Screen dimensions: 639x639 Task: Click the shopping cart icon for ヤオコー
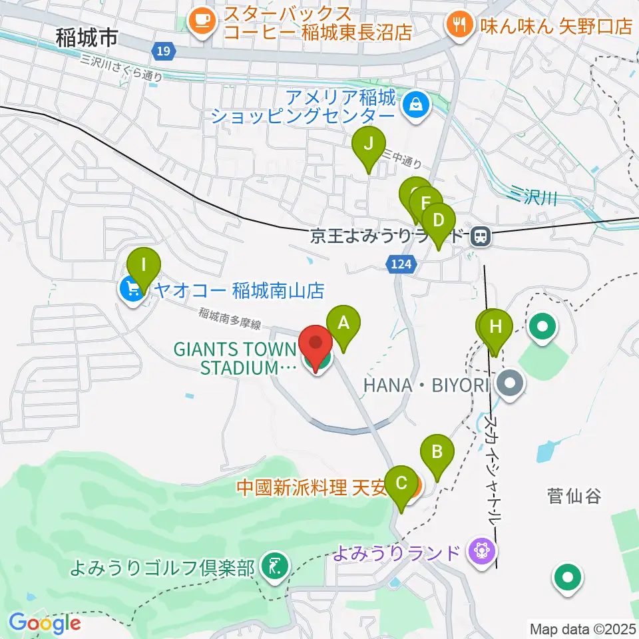[132, 288]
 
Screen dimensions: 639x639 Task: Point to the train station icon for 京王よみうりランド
[479, 236]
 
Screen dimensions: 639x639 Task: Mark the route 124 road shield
[397, 265]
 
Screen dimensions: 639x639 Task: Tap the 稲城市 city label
[87, 38]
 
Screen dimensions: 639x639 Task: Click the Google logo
[45, 624]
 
